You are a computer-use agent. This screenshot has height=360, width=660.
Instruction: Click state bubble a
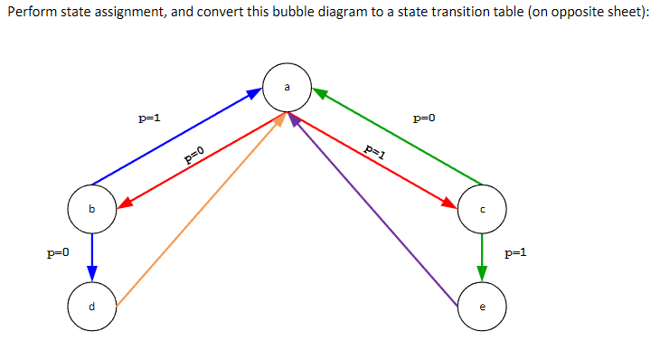coord(288,88)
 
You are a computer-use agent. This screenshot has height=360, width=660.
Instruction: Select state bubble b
coord(91,209)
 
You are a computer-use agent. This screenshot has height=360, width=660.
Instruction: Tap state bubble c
coord(482,209)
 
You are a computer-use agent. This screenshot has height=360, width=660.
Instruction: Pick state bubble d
coord(91,306)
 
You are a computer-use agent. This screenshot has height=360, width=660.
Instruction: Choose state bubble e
coord(482,306)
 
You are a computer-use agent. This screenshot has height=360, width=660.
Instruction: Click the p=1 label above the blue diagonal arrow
coord(148,118)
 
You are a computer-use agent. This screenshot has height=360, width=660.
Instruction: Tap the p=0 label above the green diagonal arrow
coord(423,118)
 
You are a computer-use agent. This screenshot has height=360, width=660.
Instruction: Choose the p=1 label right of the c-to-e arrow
coord(515,253)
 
